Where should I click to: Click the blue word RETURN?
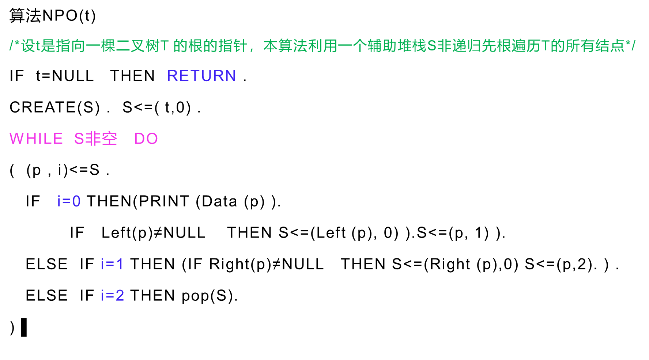tap(201, 76)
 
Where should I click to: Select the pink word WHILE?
tap(36, 139)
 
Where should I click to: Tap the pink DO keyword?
tap(146, 139)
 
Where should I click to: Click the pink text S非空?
tap(95, 139)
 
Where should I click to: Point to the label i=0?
tap(69, 201)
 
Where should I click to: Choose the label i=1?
tap(112, 264)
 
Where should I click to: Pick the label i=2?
tap(112, 295)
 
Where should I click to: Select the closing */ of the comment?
tap(630, 46)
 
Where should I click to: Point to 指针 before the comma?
tap(233, 46)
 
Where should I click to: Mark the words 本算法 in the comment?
tap(285, 46)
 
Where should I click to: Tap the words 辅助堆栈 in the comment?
tap(397, 46)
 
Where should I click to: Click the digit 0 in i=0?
tap(76, 201)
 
